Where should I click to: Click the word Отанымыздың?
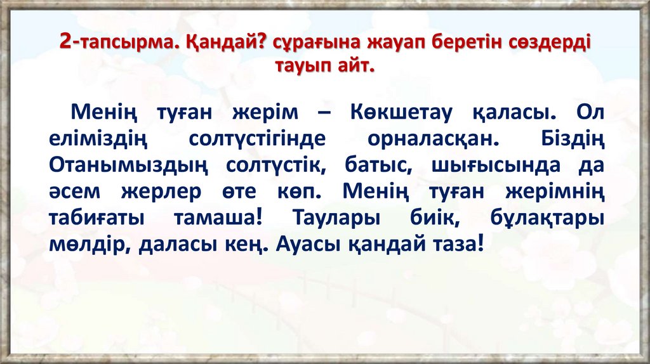pos(128,165)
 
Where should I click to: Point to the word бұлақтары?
pos(547,217)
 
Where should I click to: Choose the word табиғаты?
pos(96,217)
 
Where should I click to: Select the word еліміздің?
pos(97,139)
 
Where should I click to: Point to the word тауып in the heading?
pos(302,65)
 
